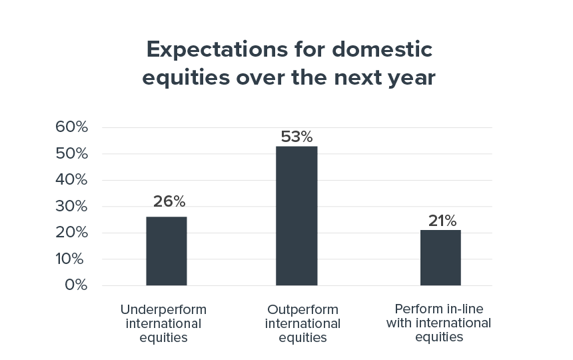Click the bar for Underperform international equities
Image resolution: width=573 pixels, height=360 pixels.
tap(167, 251)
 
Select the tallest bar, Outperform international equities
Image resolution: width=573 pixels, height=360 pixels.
tap(296, 215)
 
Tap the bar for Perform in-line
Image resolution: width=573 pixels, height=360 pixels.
tap(440, 257)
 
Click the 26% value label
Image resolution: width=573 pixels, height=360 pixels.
tap(169, 201)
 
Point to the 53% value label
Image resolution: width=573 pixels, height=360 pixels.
tap(296, 137)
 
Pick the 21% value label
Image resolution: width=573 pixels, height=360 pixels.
tap(442, 221)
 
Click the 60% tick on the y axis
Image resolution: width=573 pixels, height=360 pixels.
tap(72, 127)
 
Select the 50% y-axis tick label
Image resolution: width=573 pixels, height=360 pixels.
tap(72, 153)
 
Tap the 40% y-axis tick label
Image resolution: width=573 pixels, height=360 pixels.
tap(72, 179)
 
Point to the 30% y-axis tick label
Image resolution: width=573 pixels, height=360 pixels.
tap(72, 206)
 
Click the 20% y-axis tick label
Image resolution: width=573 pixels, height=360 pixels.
tap(72, 232)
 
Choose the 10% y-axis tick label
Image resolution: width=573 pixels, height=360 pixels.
tap(69, 259)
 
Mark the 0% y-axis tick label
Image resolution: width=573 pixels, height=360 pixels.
tap(76, 285)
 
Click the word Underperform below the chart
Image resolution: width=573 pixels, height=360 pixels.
tap(163, 310)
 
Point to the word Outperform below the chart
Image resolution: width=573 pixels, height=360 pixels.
tap(302, 310)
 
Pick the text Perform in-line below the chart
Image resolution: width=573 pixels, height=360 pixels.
tap(439, 309)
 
